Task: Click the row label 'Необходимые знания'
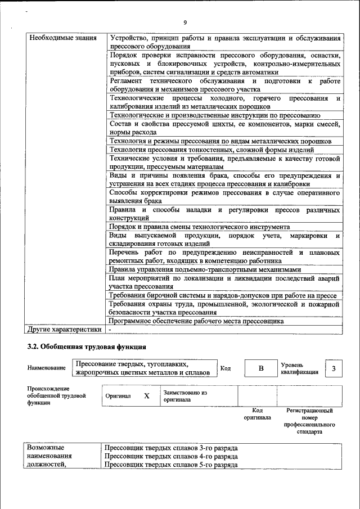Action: [58, 38]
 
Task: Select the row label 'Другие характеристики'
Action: [65, 330]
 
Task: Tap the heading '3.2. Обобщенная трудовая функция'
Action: [87, 346]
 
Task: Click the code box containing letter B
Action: [260, 368]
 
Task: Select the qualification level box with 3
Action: [334, 368]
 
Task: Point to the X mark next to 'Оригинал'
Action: [147, 396]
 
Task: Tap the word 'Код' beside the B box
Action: [225, 368]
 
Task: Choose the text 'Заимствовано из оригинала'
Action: [185, 396]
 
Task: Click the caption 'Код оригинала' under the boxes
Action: [257, 414]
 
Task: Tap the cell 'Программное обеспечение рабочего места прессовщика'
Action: [196, 321]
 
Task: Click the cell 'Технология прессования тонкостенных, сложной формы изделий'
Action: [211, 150]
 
